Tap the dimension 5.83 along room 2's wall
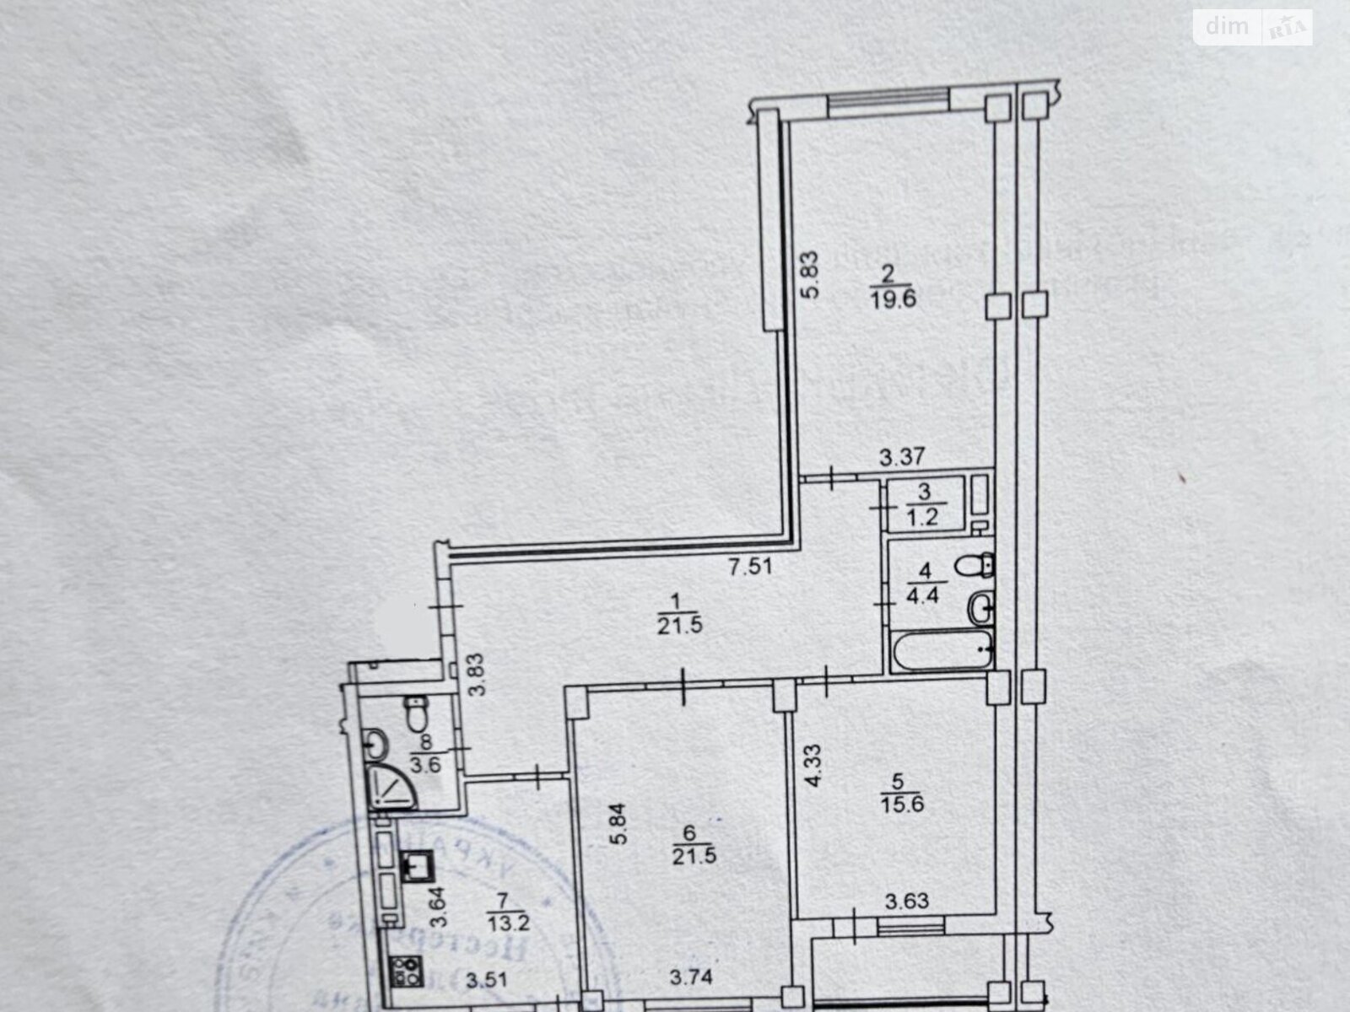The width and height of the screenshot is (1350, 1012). point(810,276)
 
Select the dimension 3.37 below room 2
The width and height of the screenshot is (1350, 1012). point(902,458)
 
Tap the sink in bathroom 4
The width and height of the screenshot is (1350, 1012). point(980,606)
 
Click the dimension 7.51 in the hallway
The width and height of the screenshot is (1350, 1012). point(750,568)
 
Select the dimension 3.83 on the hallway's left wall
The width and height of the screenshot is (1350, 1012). point(478,676)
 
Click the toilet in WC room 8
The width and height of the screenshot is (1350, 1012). point(415,715)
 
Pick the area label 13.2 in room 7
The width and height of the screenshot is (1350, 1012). point(508,923)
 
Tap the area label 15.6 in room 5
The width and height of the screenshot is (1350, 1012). point(903,804)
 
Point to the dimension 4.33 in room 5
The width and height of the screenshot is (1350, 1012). point(812,765)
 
